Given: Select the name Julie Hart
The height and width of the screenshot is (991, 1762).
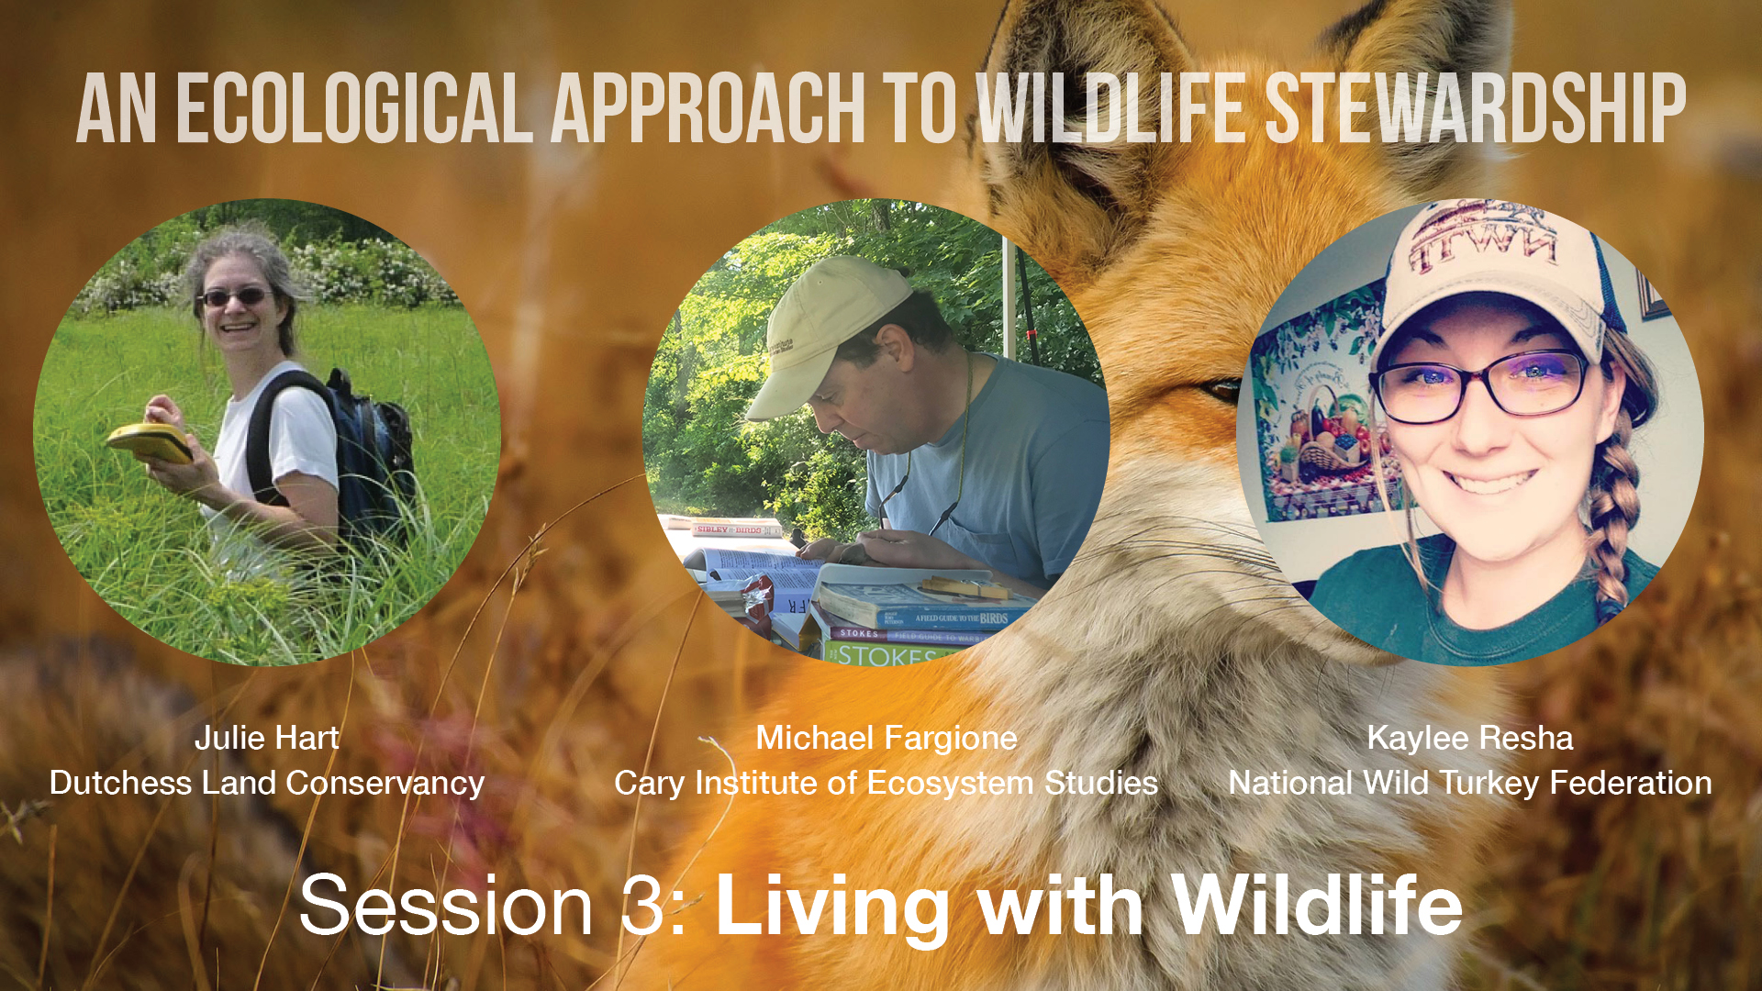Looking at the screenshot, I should click(x=266, y=738).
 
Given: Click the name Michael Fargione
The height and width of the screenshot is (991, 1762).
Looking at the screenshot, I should click(x=886, y=738).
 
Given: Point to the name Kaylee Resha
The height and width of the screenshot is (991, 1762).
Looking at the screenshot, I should click(x=1469, y=738).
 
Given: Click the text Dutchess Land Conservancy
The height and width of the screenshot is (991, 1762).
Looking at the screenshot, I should click(x=266, y=783).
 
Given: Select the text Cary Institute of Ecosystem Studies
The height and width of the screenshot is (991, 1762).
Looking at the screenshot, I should click(x=886, y=783).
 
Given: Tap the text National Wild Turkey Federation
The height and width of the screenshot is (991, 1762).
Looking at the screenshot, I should click(x=1469, y=783).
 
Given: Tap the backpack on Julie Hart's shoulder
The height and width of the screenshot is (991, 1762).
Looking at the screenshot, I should click(x=372, y=450).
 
